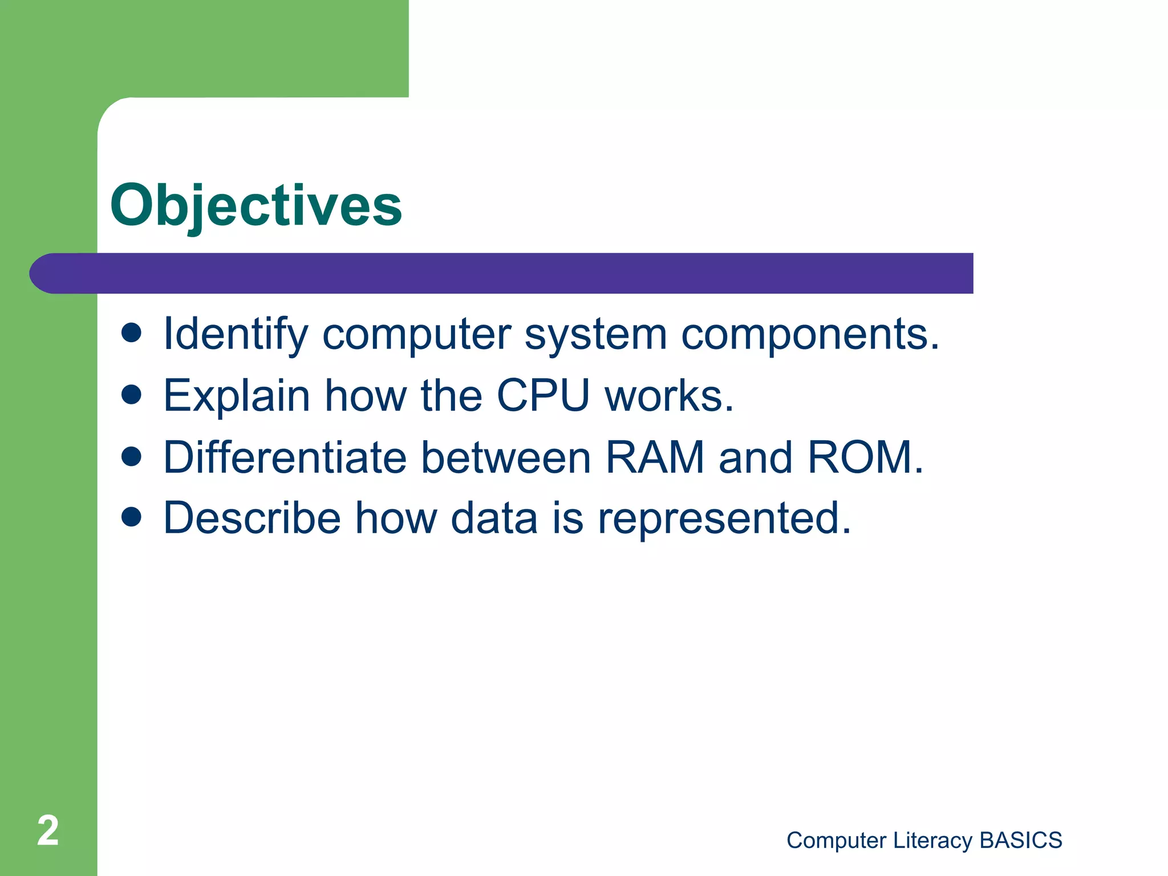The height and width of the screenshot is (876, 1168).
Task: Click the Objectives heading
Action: (x=256, y=205)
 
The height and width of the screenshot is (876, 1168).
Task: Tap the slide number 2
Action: (x=48, y=831)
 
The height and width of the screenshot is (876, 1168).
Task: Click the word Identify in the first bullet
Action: (x=236, y=334)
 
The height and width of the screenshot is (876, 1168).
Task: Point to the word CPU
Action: (x=543, y=395)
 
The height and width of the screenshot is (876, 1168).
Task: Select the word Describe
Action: (x=252, y=518)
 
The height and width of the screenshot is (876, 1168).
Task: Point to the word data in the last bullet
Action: (x=494, y=518)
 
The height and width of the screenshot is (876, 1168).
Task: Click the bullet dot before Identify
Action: (x=132, y=333)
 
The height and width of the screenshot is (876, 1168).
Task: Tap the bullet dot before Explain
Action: (x=132, y=395)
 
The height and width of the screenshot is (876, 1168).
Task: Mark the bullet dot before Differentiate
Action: (x=132, y=456)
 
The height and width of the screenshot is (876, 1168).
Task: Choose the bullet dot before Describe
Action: (x=132, y=517)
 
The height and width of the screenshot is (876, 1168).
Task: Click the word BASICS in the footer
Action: (x=1020, y=841)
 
